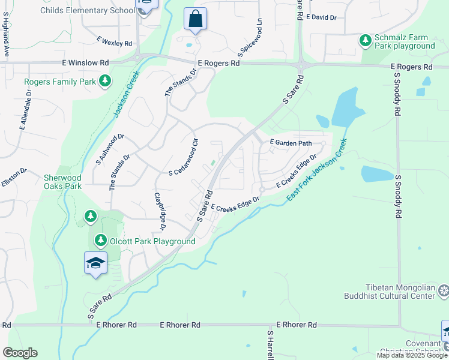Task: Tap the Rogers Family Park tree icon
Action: (105, 80)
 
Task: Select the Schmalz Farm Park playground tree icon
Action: (365, 41)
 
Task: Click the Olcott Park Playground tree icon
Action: (100, 241)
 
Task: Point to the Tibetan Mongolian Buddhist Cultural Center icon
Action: (444, 291)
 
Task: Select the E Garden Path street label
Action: (291, 143)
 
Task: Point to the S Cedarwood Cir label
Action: (184, 158)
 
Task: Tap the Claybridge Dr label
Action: (160, 211)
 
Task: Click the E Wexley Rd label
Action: (114, 42)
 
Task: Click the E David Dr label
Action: (321, 17)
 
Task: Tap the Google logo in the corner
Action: (20, 353)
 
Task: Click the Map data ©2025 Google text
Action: (411, 355)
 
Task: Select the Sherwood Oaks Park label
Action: (62, 182)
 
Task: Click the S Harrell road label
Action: (271, 344)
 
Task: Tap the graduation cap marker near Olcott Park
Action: (95, 263)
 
